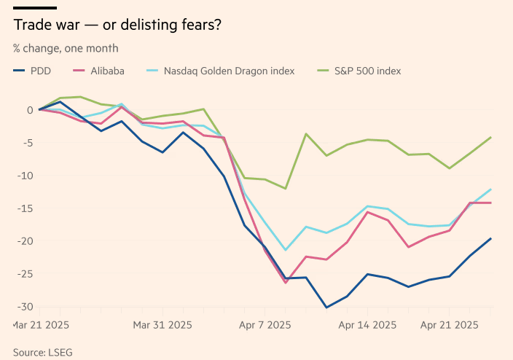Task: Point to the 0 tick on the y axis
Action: click(29, 110)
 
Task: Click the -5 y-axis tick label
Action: click(27, 143)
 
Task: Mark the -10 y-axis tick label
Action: click(25, 176)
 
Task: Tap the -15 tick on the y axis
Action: click(25, 208)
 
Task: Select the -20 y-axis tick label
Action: click(25, 241)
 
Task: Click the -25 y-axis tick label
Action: click(25, 274)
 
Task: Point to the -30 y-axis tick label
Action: click(25, 307)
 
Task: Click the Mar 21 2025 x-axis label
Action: click(42, 325)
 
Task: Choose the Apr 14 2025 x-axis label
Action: click(367, 325)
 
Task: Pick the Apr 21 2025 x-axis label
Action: click(449, 325)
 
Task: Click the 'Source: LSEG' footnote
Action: click(43, 352)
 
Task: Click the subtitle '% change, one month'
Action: click(66, 48)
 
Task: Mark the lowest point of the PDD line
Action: click(326, 308)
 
